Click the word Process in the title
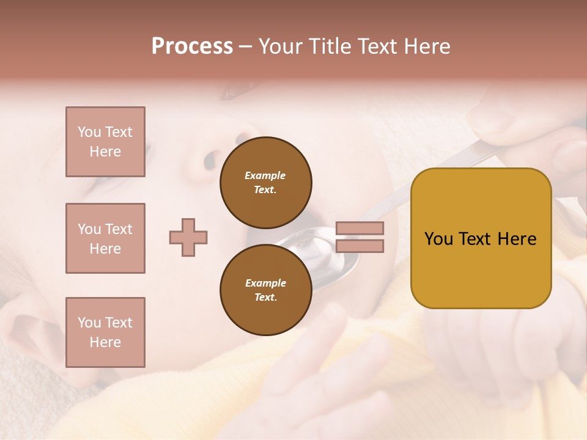coord(192,46)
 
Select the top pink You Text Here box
coord(105,142)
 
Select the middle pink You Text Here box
coord(105,238)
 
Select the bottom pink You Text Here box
coord(105,332)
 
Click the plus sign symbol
coord(188,237)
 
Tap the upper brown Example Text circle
coord(265,183)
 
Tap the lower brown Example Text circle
coord(265,290)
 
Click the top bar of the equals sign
coord(360,228)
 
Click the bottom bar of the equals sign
coord(360,246)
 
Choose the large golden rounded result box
coord(481,238)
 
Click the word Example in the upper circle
coord(265,175)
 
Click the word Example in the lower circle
coord(265,283)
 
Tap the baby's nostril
coord(209,160)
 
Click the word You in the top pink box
coord(89,132)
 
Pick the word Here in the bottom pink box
coord(105,342)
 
